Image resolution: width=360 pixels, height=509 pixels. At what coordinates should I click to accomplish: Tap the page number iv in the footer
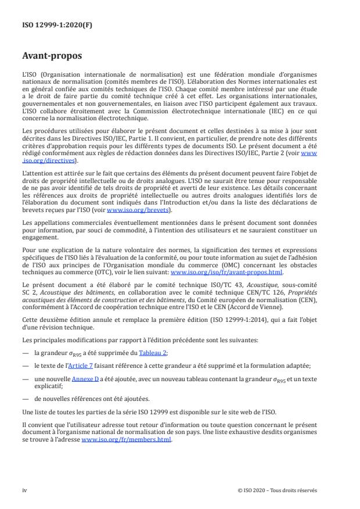24,490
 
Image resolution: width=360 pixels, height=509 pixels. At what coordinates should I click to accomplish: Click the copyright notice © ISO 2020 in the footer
277,490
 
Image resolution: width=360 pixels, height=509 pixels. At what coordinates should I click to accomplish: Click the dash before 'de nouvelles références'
26,399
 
